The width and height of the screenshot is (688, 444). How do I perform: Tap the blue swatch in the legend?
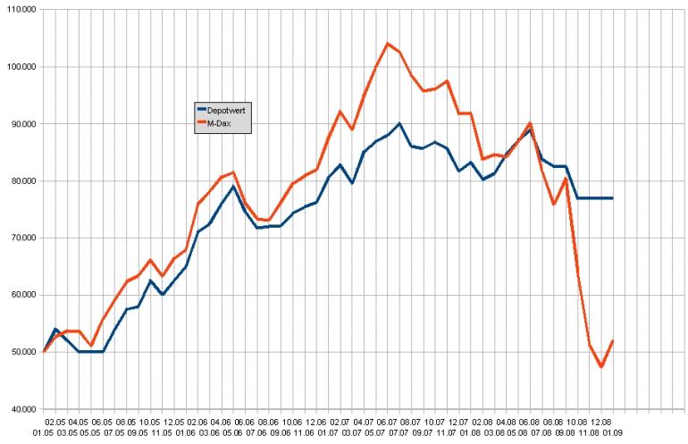(x=201, y=109)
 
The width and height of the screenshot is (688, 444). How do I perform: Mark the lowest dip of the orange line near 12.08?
(x=601, y=366)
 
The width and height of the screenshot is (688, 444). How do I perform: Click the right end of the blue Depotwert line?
(x=612, y=197)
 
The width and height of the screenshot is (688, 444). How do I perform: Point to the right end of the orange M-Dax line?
(x=612, y=340)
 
